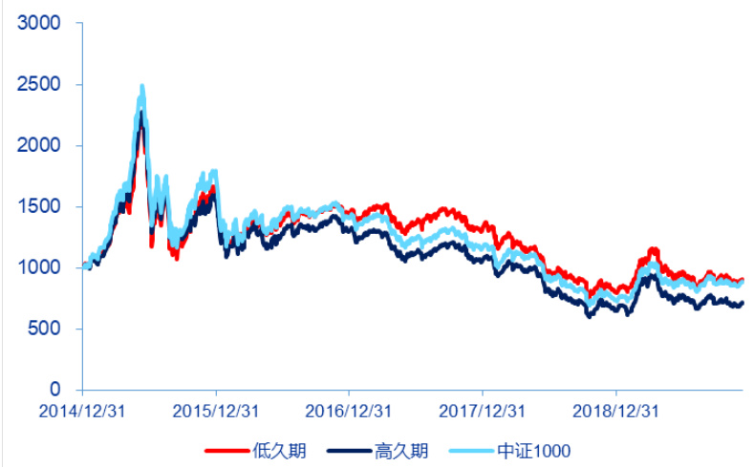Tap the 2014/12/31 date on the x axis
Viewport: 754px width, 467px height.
pos(83,412)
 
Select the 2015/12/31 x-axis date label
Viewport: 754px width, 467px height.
pos(216,412)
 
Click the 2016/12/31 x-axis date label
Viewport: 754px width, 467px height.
pos(349,412)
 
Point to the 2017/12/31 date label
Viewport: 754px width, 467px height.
pos(483,412)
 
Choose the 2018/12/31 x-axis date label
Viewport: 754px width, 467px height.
pos(615,412)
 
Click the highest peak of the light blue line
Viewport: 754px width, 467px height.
pos(142,86)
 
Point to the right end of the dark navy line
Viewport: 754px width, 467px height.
pos(742,303)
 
